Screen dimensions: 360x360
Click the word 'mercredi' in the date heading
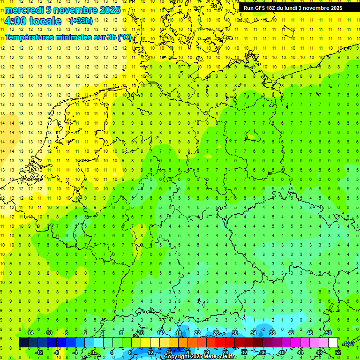(24, 10)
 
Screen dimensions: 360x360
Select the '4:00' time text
(16, 21)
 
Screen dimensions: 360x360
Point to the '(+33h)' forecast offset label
(81, 21)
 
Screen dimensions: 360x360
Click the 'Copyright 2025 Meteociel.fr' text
(200, 357)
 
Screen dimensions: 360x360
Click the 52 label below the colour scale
(338, 352)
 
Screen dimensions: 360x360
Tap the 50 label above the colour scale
(329, 333)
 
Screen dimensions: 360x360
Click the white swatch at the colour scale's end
(333, 343)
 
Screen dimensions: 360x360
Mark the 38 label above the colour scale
(272, 333)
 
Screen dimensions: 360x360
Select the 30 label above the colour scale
(235, 333)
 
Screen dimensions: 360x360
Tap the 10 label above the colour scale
(141, 333)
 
